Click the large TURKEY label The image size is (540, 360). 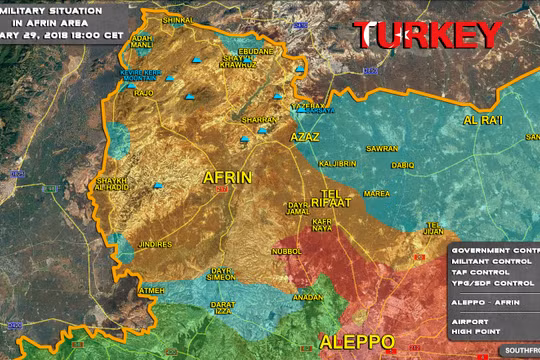pyautogui.click(x=427, y=36)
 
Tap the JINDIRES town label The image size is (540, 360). pyautogui.click(x=155, y=244)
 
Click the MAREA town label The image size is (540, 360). pyautogui.click(x=377, y=193)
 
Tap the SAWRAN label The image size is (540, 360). pyautogui.click(x=382, y=148)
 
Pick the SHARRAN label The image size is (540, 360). pyautogui.click(x=258, y=119)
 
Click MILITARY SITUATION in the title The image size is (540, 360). pyautogui.click(x=40, y=7)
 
